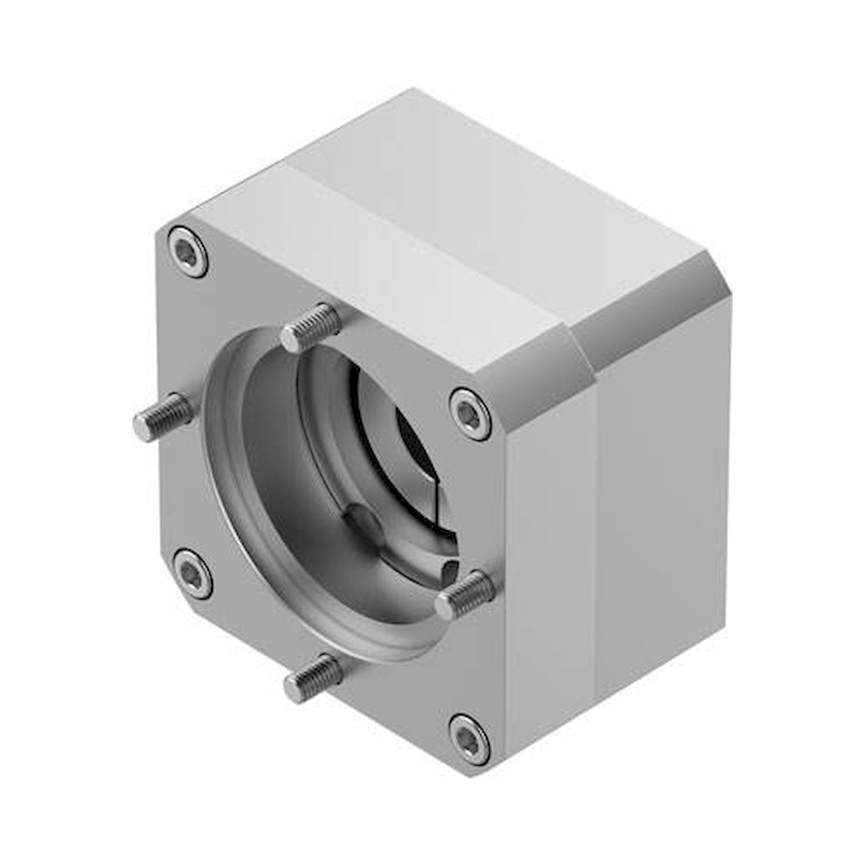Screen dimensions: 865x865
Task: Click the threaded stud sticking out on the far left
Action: coord(163,417)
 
